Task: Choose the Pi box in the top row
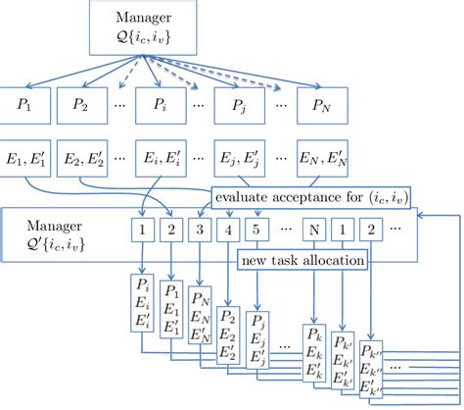point(159,104)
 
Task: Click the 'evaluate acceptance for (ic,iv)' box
point(312,200)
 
